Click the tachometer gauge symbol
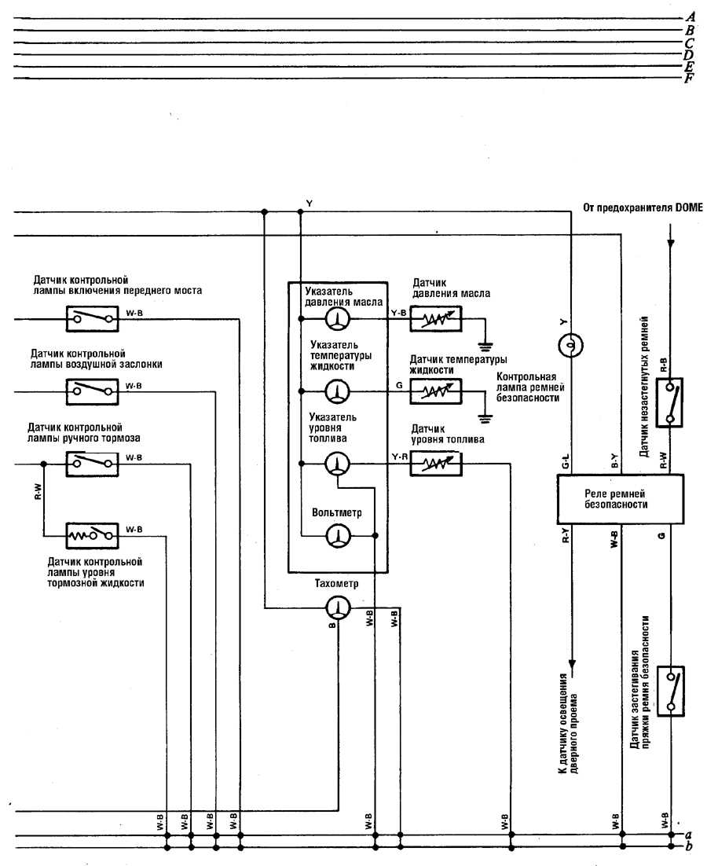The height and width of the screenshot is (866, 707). coord(338,607)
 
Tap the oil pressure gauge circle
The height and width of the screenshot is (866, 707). coord(338,317)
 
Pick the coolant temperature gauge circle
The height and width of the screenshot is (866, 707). coord(338,391)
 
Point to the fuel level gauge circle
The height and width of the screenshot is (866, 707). coord(338,464)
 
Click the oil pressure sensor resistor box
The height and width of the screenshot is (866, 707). coord(434,318)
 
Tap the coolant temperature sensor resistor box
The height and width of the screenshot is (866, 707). coord(434,391)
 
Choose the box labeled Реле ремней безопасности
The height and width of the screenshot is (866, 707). coord(621,498)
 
